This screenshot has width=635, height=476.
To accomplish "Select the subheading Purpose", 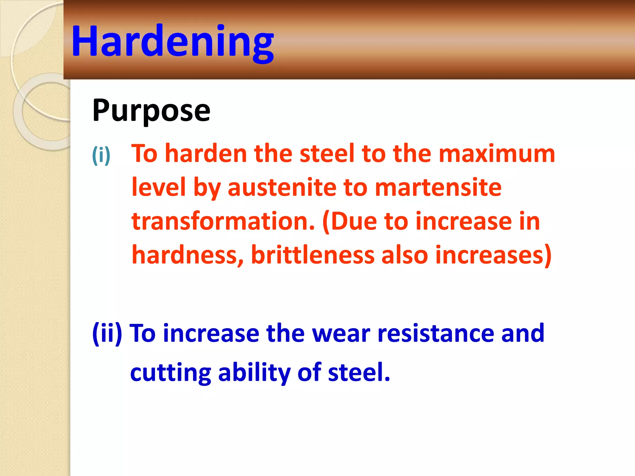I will point(151,111).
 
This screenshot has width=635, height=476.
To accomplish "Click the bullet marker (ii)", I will point(107,334).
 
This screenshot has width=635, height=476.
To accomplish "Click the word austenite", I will point(282,188).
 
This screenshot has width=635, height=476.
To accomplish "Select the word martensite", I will point(438,188).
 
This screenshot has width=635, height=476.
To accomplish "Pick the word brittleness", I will point(313,255).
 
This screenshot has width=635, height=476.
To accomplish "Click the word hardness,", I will point(188,255).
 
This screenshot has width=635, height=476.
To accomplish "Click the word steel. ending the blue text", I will point(359,372).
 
